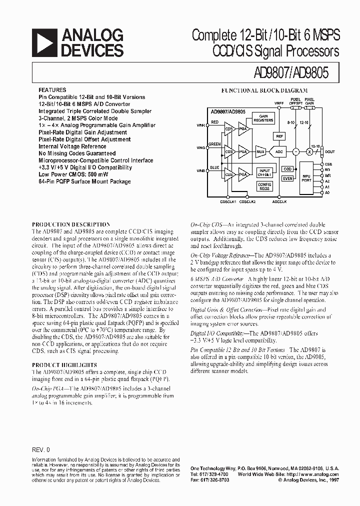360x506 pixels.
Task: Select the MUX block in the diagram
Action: click(260, 151)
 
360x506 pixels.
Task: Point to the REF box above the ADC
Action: click(279, 135)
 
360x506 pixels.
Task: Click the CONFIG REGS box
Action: click(264, 186)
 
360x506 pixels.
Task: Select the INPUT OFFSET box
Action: click(264, 172)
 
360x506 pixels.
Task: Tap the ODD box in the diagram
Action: click(287, 169)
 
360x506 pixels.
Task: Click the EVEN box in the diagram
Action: click(287, 178)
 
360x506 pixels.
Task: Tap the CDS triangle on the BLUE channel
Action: click(229, 174)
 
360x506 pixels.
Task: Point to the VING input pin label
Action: click(200, 148)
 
